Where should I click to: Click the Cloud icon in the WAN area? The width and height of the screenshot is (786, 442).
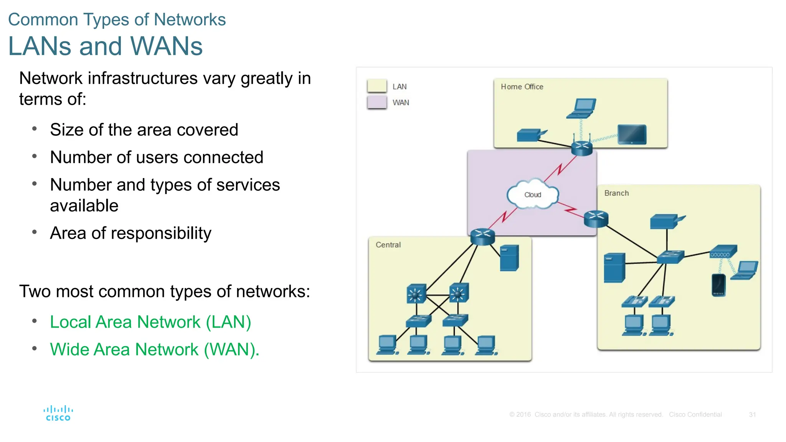(532, 195)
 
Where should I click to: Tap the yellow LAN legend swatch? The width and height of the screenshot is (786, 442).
(376, 86)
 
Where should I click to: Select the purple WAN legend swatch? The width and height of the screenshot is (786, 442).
(376, 102)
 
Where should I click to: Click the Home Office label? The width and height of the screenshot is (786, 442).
(522, 87)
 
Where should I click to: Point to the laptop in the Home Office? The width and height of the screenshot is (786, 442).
(582, 109)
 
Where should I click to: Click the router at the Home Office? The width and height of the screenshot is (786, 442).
(581, 148)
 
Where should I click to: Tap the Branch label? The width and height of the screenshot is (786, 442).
(616, 193)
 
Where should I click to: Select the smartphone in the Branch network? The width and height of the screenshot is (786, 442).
(718, 285)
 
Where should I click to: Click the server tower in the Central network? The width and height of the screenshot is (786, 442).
(509, 258)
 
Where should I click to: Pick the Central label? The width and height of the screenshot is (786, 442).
(388, 245)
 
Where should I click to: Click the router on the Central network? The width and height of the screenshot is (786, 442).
(482, 236)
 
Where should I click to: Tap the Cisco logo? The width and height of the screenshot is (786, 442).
(58, 413)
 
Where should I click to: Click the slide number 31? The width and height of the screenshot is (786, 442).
(752, 414)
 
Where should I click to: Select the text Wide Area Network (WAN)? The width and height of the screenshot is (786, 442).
(155, 350)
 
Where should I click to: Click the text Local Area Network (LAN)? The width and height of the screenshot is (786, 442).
(150, 322)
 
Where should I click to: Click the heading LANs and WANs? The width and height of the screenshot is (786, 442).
(105, 46)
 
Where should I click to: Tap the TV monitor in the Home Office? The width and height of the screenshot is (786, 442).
(632, 135)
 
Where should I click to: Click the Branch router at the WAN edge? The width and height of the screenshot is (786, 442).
(596, 219)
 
